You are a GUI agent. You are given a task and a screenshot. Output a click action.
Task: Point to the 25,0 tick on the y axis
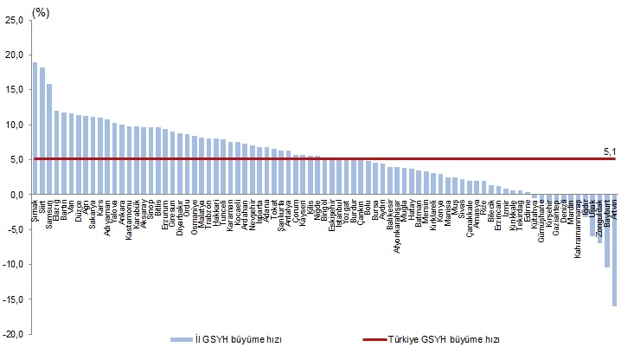pos(14,20)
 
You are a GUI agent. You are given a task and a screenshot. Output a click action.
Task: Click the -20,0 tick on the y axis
pos(12,334)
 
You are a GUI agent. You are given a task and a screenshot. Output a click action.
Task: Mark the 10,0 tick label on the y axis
pos(14,125)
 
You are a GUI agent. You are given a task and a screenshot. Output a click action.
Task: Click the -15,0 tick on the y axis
pos(12,299)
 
